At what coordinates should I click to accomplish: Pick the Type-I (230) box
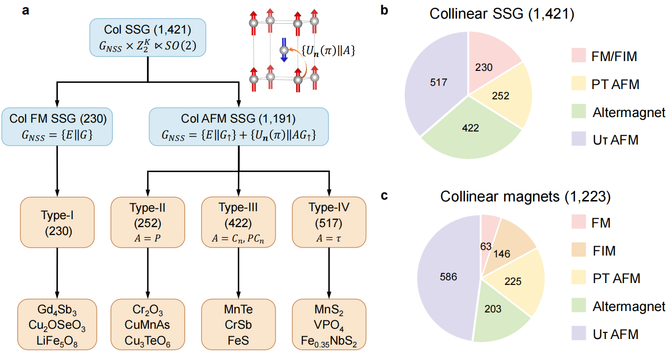[x=57, y=222]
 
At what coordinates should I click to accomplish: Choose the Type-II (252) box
[x=147, y=222]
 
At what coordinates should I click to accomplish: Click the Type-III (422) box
[x=238, y=222]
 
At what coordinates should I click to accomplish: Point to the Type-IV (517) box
[x=329, y=222]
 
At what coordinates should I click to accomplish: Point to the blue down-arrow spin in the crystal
[x=283, y=53]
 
